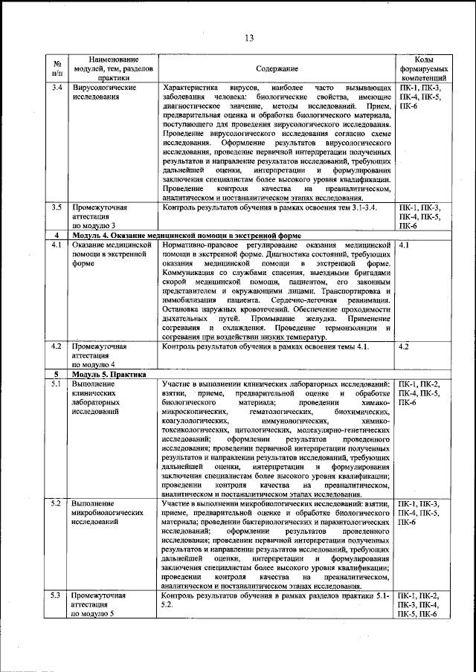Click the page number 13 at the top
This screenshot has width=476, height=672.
pos(248,39)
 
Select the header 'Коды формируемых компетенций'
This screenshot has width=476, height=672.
pos(423,68)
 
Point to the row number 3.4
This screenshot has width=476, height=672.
pos(57,88)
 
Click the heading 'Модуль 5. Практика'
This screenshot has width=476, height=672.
pos(105,374)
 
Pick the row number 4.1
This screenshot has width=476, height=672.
pos(57,245)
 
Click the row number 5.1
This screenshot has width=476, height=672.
pos(57,384)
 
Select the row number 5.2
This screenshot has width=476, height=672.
pos(57,504)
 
